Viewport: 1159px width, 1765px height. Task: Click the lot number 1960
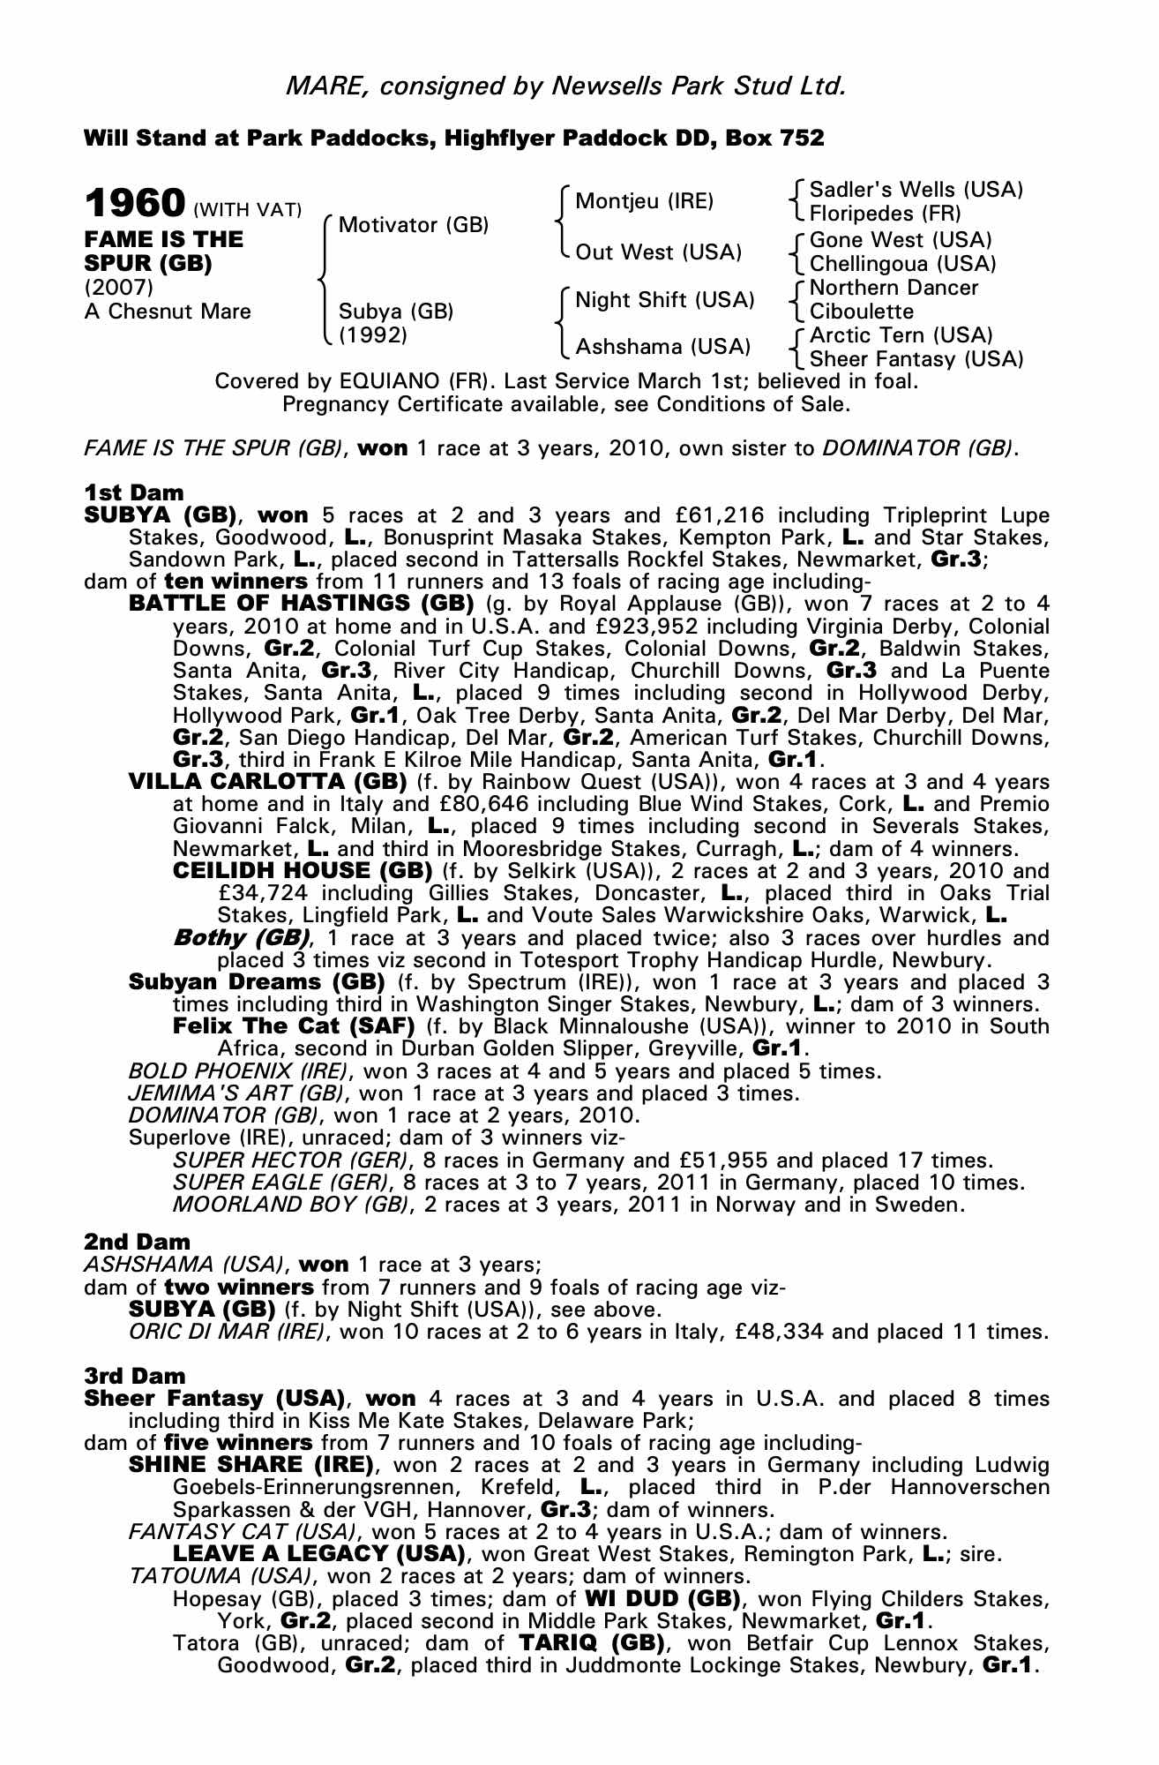pos(134,204)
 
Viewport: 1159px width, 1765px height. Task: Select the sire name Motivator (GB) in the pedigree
pos(413,225)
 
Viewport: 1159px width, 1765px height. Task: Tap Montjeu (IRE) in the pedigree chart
pos(644,201)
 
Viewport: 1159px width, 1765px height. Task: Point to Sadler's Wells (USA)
pos(916,190)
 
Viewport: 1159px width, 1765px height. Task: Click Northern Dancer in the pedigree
pos(894,288)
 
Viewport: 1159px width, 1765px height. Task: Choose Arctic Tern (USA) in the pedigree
pos(901,335)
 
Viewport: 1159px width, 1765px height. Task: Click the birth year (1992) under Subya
pos(373,334)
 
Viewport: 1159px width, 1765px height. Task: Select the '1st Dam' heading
pos(134,492)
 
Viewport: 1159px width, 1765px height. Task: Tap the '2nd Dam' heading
pos(137,1243)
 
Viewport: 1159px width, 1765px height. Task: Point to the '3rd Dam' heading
pos(135,1376)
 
